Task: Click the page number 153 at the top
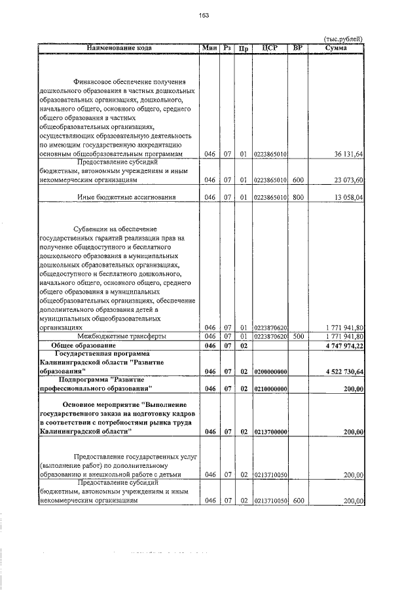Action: (x=209, y=16)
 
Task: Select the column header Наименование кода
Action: (x=118, y=48)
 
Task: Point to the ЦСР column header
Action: (x=270, y=48)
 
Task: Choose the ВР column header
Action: (x=298, y=48)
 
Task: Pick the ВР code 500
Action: (x=298, y=336)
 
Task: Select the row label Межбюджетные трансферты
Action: (x=118, y=336)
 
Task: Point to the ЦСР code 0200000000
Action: (x=270, y=372)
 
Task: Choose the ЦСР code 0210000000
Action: (x=270, y=389)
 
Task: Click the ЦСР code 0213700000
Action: (x=270, y=432)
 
